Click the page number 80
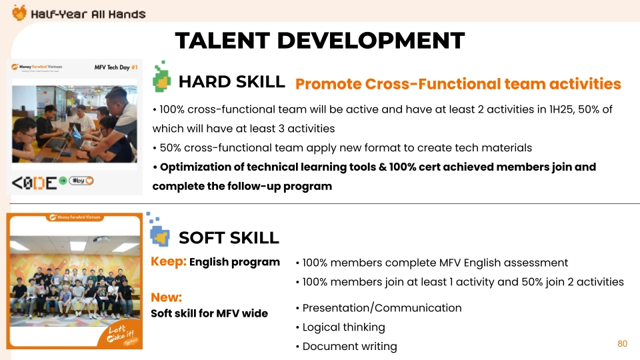(x=622, y=344)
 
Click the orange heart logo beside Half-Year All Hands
(x=19, y=13)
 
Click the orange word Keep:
(x=169, y=261)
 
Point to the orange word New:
(x=166, y=297)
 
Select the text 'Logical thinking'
(x=344, y=327)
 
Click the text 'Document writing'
(x=349, y=347)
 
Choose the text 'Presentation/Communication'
(x=381, y=308)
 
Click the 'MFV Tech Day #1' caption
(x=116, y=67)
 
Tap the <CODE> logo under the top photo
(x=34, y=183)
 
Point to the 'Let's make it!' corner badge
(x=120, y=334)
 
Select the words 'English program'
(x=234, y=262)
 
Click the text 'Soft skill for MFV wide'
(x=209, y=313)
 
